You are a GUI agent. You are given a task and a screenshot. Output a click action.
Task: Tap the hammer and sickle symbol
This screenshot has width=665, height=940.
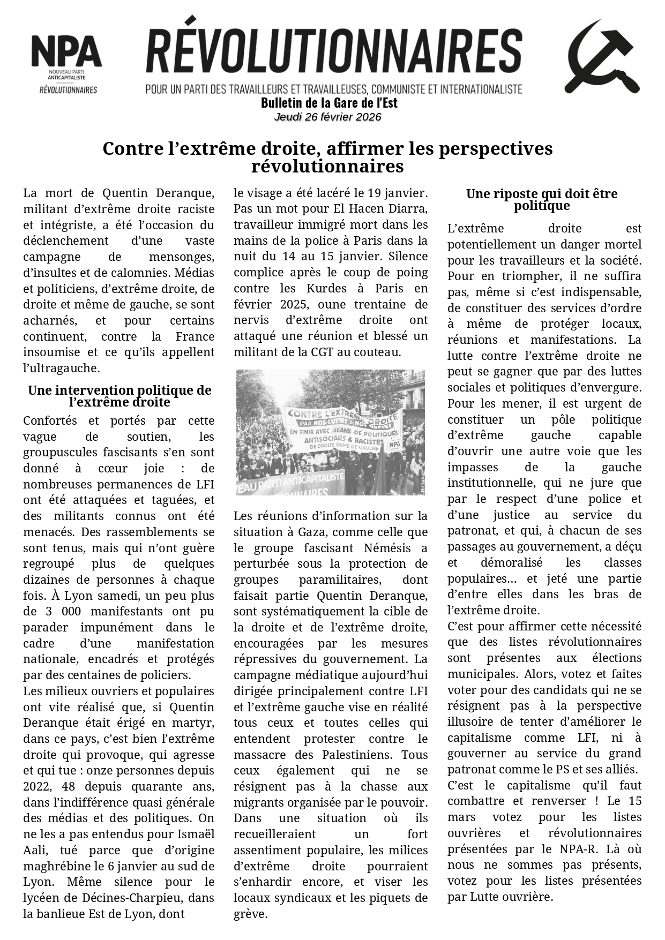[601, 57]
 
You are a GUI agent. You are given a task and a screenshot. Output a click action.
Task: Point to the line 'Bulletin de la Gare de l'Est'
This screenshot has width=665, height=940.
[329, 102]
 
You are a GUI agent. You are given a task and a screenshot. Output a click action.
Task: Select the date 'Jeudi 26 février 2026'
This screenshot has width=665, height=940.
[327, 117]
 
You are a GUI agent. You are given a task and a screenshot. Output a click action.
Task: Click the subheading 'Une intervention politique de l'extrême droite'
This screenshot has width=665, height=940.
[119, 396]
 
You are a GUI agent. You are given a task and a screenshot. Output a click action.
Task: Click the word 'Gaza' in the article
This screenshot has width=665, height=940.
[312, 532]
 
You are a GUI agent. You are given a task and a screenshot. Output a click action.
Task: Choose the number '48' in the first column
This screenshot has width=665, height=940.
[69, 787]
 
